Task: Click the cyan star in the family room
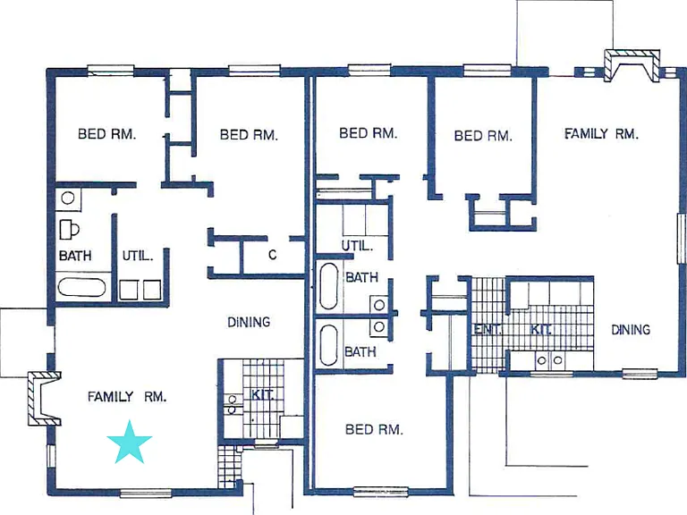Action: tap(129, 443)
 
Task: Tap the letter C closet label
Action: tap(272, 255)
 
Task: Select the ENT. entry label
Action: tap(487, 329)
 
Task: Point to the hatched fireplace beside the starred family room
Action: tap(44, 399)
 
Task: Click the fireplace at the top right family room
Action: tap(632, 64)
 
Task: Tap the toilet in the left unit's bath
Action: tap(69, 229)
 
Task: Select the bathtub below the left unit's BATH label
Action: tap(82, 287)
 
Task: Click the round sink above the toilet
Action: tap(67, 198)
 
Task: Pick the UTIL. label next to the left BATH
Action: tap(138, 256)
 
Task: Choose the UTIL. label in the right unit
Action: tap(357, 246)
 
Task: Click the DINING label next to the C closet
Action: tap(249, 323)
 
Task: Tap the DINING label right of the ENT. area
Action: tap(631, 330)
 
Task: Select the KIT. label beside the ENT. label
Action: tap(540, 329)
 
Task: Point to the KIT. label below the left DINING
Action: tap(262, 395)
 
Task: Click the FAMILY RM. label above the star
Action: tap(127, 397)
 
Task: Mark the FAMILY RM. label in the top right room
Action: tap(601, 133)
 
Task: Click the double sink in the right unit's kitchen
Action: tap(550, 360)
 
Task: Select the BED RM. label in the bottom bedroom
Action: tap(374, 429)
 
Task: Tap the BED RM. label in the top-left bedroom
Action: tap(107, 134)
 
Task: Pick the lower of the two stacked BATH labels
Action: tap(360, 351)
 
